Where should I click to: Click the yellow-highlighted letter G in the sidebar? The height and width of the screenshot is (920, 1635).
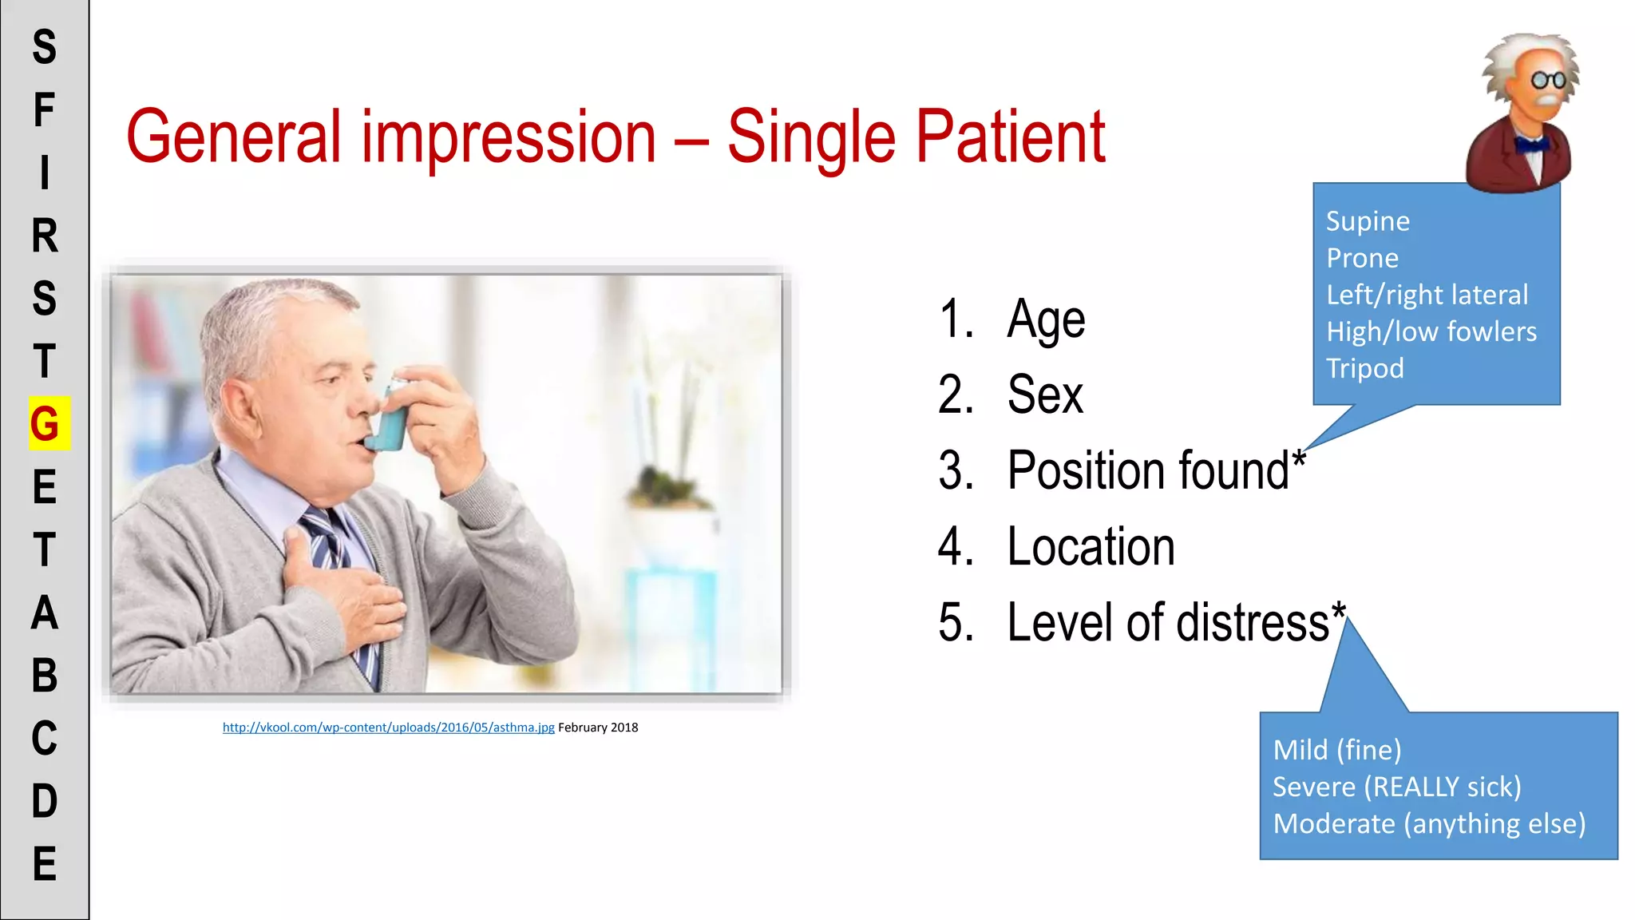(x=46, y=423)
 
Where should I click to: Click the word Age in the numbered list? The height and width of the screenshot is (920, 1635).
(x=1046, y=320)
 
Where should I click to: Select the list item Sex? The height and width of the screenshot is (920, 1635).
(x=1044, y=395)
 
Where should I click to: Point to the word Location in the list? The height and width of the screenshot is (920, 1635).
(x=1091, y=547)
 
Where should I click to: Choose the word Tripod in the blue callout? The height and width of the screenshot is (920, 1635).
(x=1364, y=368)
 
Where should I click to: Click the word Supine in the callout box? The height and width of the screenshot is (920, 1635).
(x=1368, y=221)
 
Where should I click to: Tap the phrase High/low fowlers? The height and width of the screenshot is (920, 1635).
(x=1431, y=331)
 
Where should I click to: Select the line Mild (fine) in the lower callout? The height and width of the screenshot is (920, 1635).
(x=1336, y=750)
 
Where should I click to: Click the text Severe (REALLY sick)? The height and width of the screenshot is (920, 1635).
(x=1396, y=787)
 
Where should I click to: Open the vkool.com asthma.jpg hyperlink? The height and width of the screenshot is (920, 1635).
(x=388, y=728)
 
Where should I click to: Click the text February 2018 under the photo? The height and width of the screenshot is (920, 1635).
(x=598, y=728)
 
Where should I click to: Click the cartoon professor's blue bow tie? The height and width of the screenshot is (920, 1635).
(x=1531, y=145)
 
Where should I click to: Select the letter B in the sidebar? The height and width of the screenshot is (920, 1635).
(x=45, y=676)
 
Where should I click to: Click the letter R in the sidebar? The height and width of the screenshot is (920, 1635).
(x=45, y=236)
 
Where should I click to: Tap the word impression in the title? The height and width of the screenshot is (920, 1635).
(x=509, y=137)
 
